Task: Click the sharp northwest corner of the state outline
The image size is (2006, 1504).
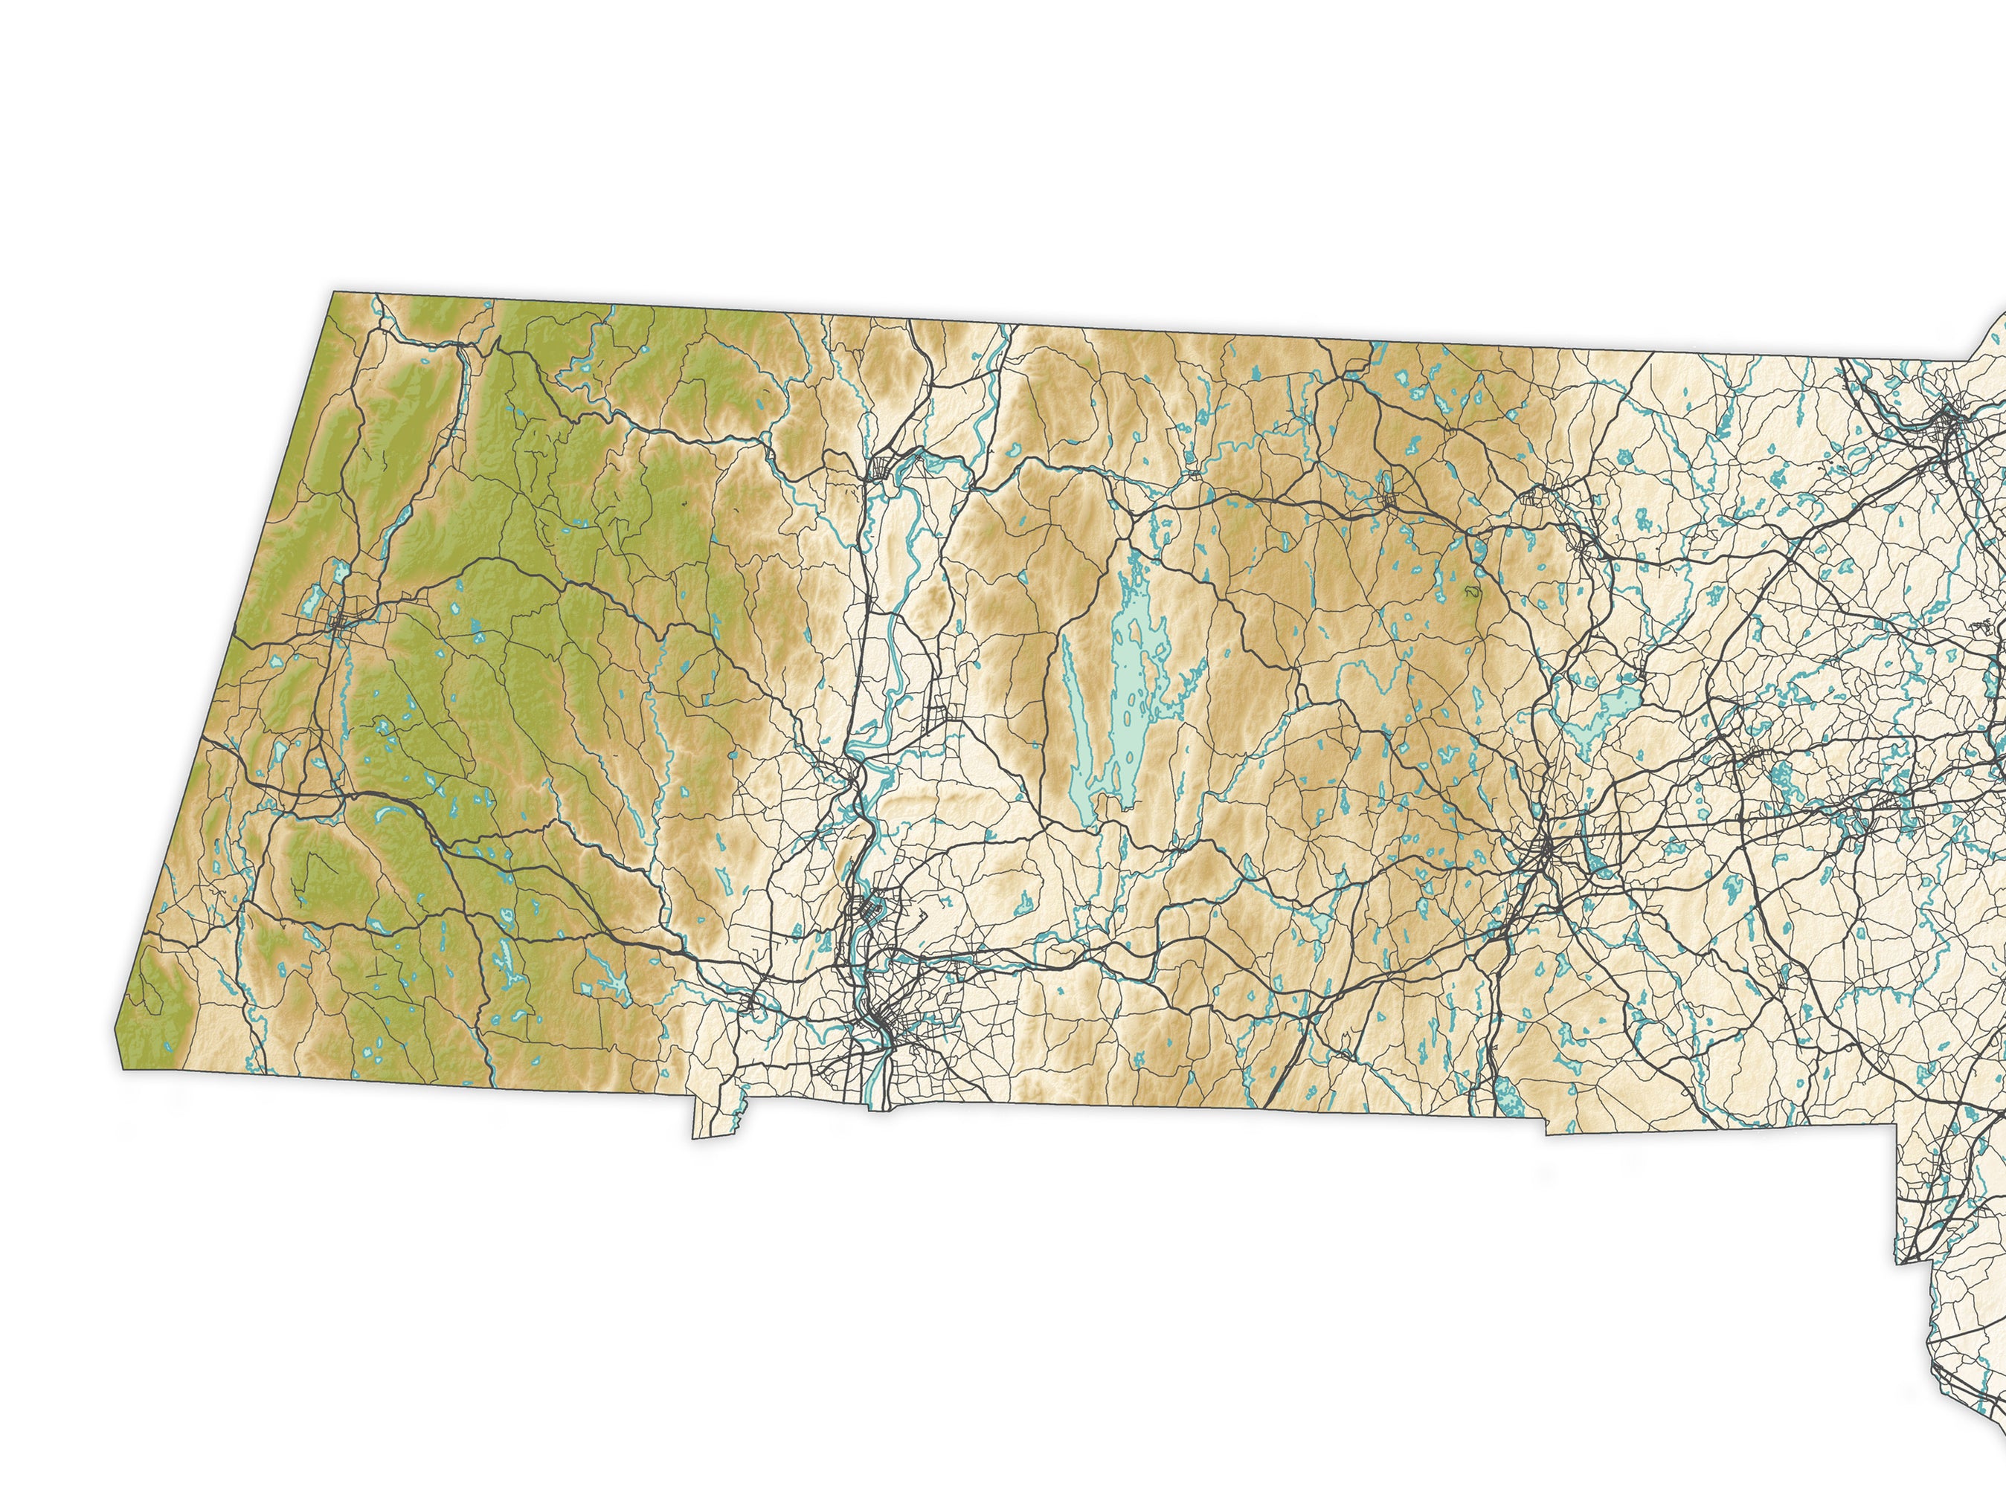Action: [335, 292]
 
